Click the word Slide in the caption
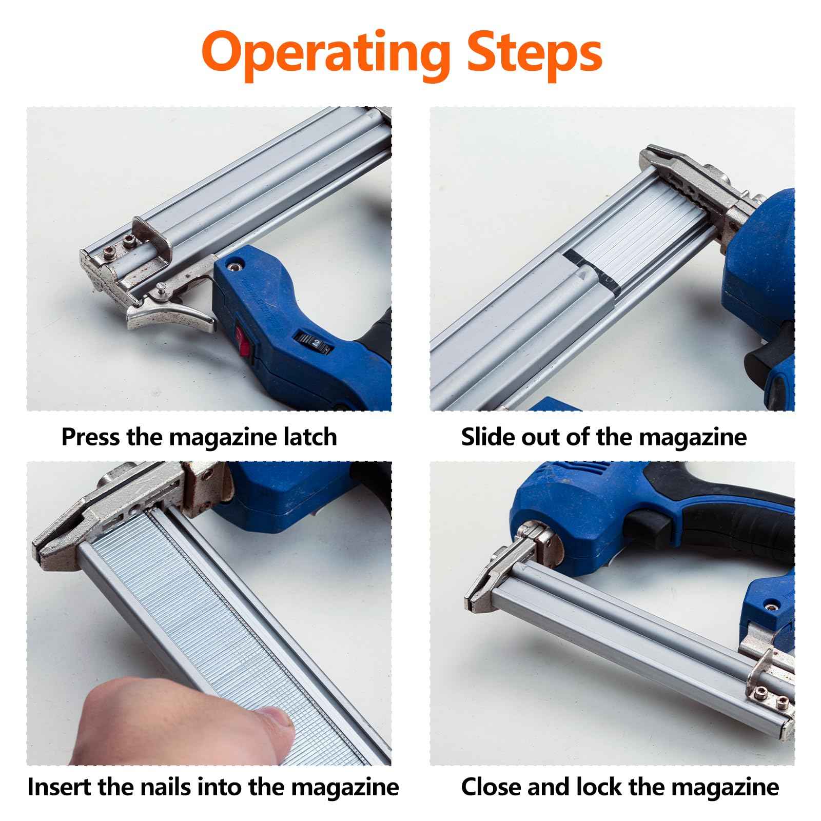pyautogui.click(x=487, y=437)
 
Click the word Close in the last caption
pyautogui.click(x=492, y=787)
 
